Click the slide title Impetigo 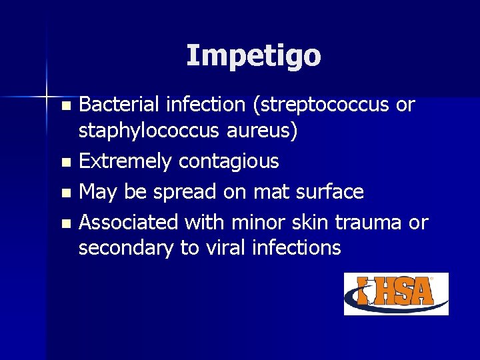253,55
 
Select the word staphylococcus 147,131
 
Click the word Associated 128,221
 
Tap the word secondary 126,248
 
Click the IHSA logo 396,293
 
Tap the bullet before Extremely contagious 65,162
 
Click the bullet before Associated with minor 65,223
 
